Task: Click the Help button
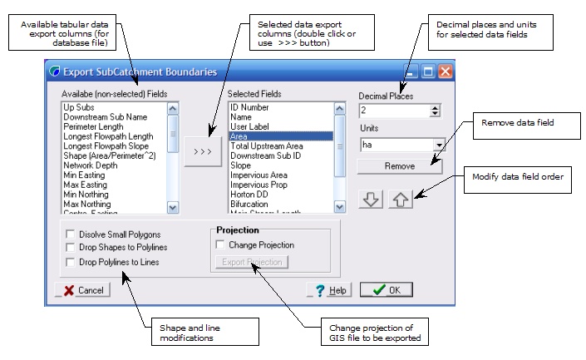(328, 290)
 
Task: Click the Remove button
(399, 166)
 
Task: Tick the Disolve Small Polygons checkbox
(71, 234)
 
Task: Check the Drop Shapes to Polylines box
(71, 248)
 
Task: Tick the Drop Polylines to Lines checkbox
(71, 262)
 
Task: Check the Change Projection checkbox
(220, 245)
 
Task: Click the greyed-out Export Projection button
(250, 263)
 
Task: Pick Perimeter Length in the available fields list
(93, 127)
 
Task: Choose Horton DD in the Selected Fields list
(250, 195)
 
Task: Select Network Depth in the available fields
(91, 165)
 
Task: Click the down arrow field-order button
(371, 200)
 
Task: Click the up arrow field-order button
(400, 200)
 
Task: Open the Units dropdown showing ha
(439, 144)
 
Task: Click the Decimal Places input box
(394, 111)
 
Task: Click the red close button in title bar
(445, 72)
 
